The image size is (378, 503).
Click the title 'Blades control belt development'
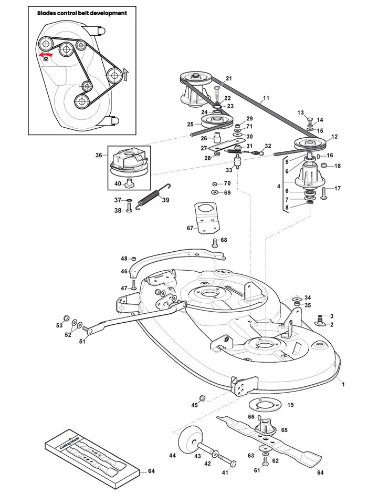click(82, 13)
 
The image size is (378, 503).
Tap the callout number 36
click(99, 155)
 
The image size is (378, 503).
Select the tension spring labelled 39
click(153, 197)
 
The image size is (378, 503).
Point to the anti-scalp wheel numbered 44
click(187, 439)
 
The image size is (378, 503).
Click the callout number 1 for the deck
click(343, 384)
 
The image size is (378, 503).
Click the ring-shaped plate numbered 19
click(265, 405)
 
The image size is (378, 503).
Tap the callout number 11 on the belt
click(266, 98)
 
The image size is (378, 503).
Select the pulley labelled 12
click(310, 143)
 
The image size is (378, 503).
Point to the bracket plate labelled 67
click(206, 218)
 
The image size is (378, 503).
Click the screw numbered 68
click(215, 243)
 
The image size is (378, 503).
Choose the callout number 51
click(82, 342)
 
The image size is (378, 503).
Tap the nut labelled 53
click(66, 317)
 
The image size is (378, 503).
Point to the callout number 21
click(229, 78)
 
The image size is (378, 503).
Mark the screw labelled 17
click(323, 193)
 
